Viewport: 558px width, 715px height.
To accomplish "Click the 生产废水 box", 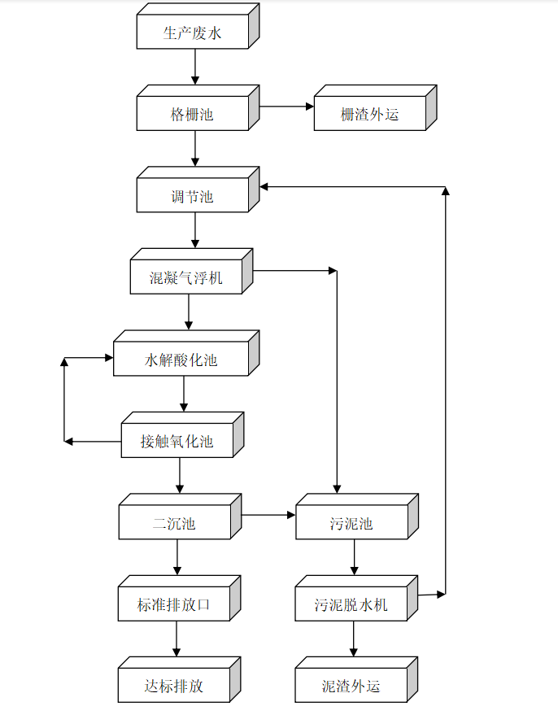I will (x=193, y=33).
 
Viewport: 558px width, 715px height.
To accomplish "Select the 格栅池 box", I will (x=193, y=115).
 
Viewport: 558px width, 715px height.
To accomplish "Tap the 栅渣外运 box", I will (x=369, y=115).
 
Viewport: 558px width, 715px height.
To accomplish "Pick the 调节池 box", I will (x=193, y=196).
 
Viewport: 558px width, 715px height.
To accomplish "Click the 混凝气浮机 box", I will (x=186, y=278).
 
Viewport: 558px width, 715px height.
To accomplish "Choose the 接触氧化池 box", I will (x=177, y=442).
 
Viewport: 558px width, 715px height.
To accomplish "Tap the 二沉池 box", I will (x=175, y=523).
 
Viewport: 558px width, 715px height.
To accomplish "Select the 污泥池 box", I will (x=351, y=523).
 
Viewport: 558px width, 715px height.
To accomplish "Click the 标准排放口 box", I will (x=174, y=605).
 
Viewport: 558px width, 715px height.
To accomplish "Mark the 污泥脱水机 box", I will (x=351, y=605).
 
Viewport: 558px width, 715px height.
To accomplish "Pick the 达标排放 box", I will (x=174, y=687).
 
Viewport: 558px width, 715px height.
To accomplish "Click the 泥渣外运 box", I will (x=351, y=687).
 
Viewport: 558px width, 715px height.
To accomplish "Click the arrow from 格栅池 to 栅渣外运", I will (x=287, y=107).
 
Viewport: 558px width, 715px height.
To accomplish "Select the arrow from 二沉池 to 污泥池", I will (x=268, y=515).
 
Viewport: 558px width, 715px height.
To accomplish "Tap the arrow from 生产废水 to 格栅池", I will (x=194, y=68).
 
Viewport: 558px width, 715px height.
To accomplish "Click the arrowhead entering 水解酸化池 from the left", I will (x=107, y=358).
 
